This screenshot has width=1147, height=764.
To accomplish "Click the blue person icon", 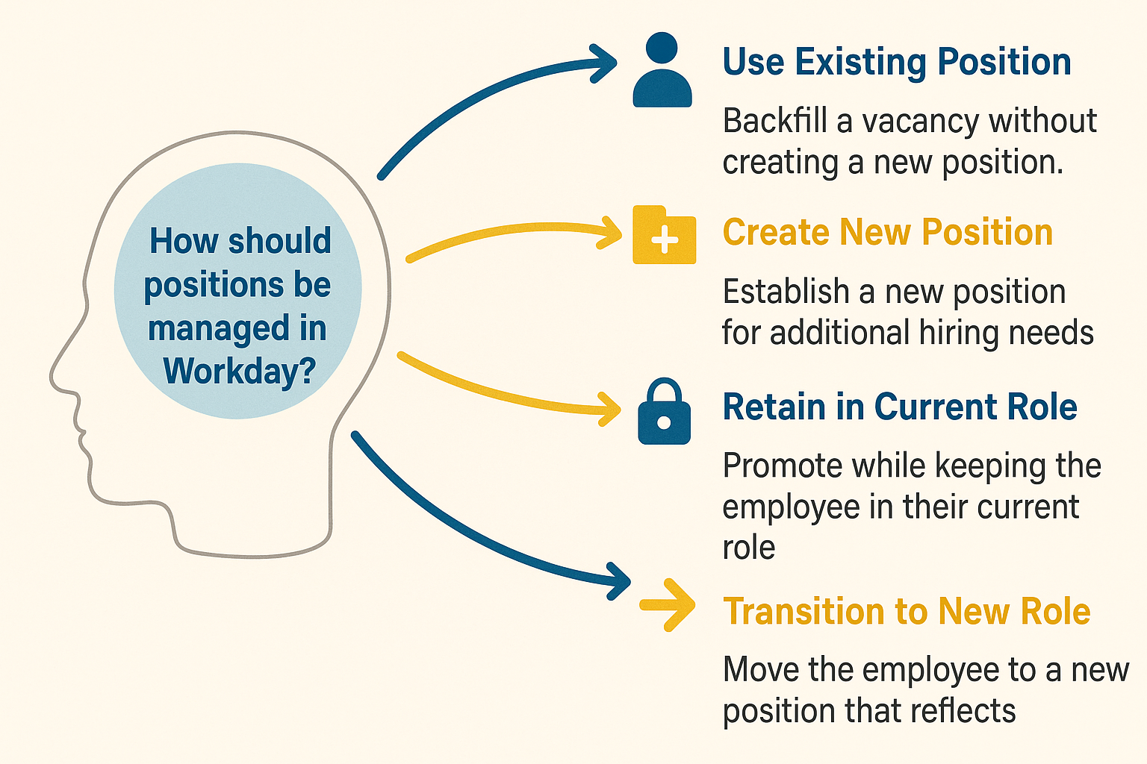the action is click(662, 71).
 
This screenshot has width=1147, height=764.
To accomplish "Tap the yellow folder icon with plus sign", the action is click(664, 236).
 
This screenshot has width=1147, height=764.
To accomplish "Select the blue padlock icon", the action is click(664, 413).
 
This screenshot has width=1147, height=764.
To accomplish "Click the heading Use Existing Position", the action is click(897, 62).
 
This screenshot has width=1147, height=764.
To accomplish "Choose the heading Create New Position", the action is click(887, 233).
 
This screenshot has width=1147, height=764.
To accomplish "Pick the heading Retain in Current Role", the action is click(899, 407).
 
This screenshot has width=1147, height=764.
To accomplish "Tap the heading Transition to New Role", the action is click(907, 612).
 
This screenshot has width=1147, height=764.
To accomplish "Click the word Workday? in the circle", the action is click(239, 371).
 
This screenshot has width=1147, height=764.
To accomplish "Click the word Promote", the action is click(782, 466).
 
